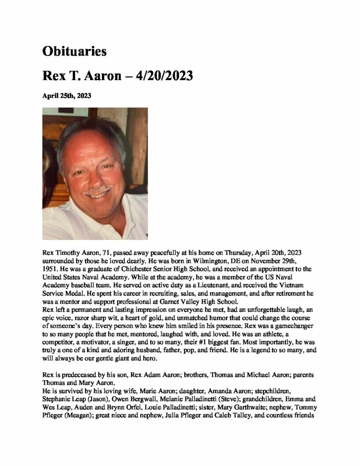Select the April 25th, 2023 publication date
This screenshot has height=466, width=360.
tap(67, 96)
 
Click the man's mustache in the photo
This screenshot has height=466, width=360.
tap(97, 188)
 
